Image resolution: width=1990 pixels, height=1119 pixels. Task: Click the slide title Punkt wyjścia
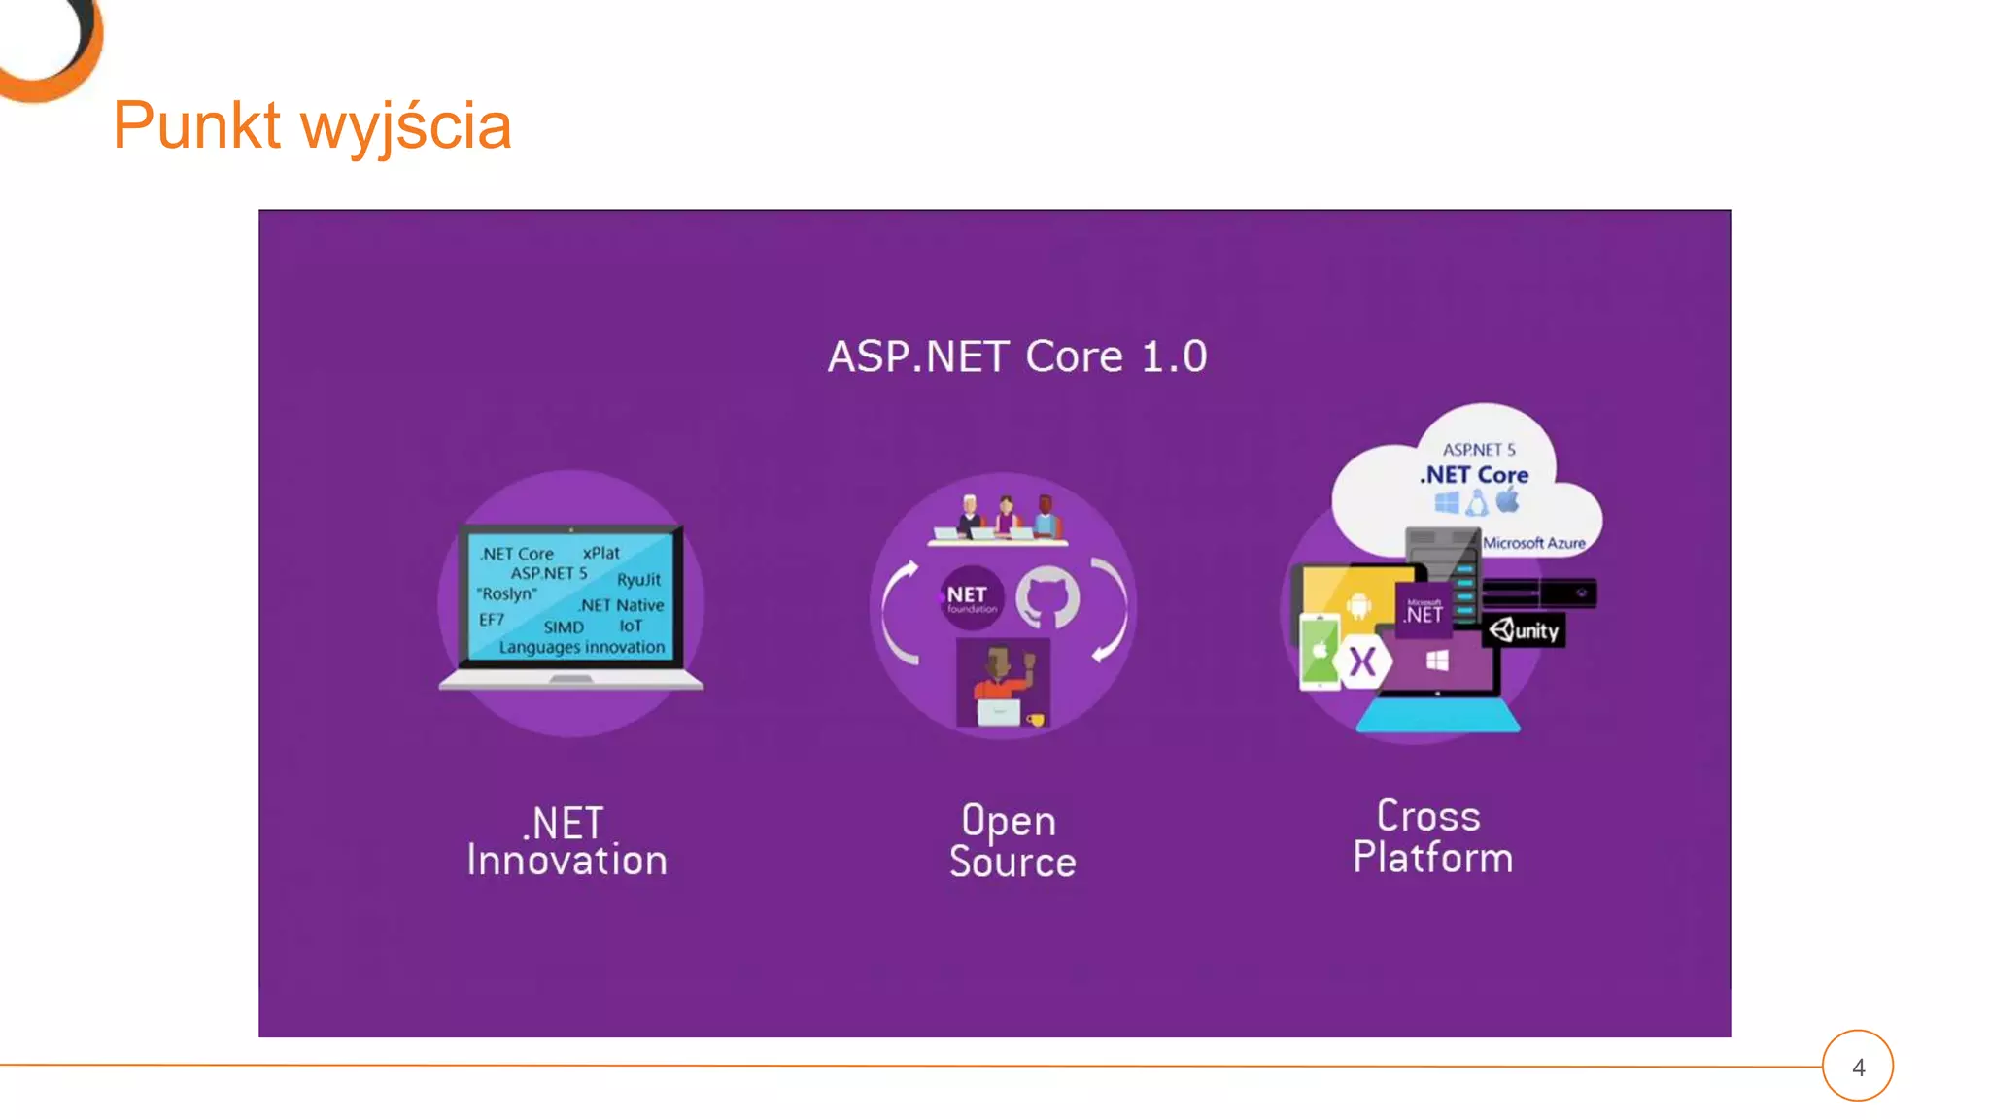click(x=312, y=125)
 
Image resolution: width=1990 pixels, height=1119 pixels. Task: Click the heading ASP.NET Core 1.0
click(x=1016, y=356)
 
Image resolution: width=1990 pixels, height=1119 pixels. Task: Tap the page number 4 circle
click(x=1857, y=1066)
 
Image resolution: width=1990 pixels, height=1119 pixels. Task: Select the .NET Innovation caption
click(x=567, y=842)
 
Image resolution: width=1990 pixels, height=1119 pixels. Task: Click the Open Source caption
click(x=1012, y=841)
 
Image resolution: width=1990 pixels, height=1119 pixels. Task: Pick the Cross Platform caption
click(x=1431, y=836)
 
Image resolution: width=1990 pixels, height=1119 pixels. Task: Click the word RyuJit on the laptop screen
click(x=638, y=580)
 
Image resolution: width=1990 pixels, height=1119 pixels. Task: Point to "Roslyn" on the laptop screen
click(x=506, y=593)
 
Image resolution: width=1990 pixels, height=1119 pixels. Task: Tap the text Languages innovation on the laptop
click(x=581, y=647)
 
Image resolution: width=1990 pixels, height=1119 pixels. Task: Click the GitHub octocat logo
click(x=1046, y=596)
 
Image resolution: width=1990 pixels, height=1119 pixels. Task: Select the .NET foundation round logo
click(x=970, y=597)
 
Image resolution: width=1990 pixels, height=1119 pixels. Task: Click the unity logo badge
click(x=1524, y=630)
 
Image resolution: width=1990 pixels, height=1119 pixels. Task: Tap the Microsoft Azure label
click(x=1533, y=543)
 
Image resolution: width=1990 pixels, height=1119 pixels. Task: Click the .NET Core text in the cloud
click(x=1474, y=475)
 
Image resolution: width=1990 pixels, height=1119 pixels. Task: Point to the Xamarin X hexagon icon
click(x=1362, y=662)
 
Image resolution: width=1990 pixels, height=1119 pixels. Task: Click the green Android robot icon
click(x=1357, y=607)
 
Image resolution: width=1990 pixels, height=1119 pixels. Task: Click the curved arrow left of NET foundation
click(x=897, y=612)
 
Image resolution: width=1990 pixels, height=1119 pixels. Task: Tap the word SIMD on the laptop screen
click(x=564, y=627)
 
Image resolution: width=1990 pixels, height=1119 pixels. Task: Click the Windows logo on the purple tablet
click(x=1437, y=661)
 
